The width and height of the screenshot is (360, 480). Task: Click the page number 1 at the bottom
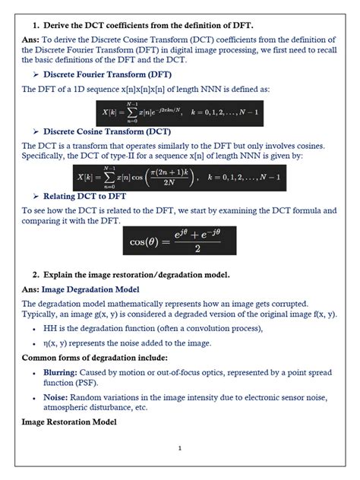point(179,448)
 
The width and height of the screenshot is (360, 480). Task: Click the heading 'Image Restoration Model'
point(69,421)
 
